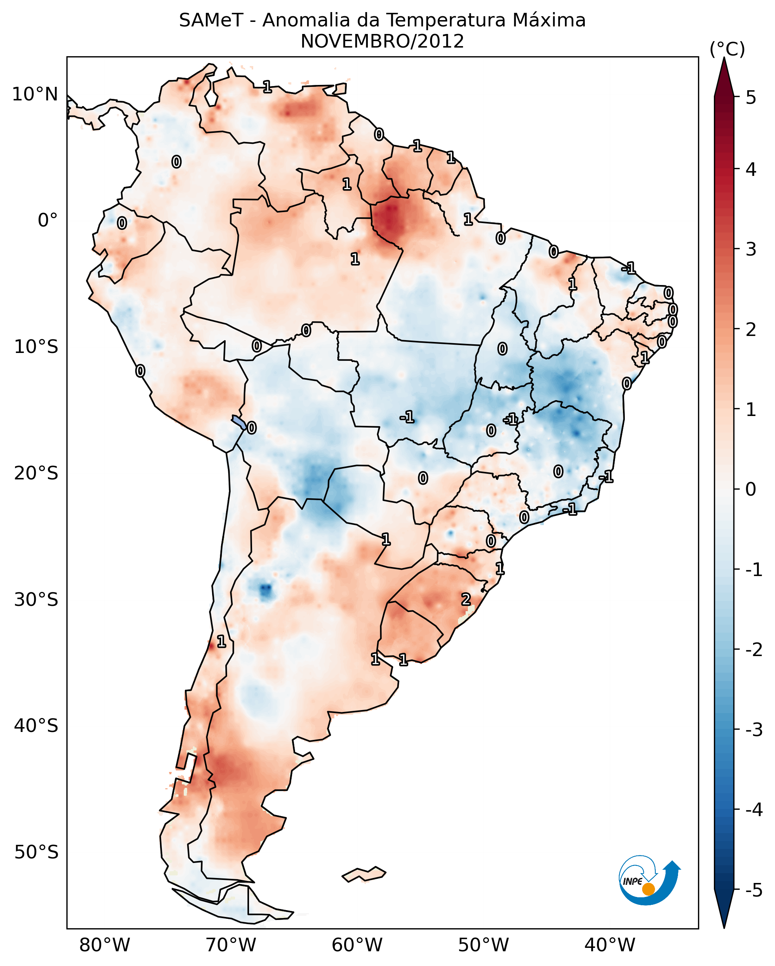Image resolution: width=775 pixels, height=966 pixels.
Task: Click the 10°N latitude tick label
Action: (x=35, y=94)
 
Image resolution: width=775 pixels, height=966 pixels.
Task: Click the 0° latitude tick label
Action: (x=48, y=220)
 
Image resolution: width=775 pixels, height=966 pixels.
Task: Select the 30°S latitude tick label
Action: (x=36, y=599)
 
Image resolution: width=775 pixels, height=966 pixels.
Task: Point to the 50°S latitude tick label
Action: (x=36, y=852)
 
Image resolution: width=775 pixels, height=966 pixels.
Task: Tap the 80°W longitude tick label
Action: (x=104, y=945)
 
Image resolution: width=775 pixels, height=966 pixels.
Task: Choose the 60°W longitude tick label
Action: (x=357, y=945)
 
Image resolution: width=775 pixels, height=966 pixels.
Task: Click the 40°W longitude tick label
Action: (x=609, y=945)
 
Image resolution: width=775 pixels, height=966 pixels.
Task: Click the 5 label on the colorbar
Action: (x=751, y=97)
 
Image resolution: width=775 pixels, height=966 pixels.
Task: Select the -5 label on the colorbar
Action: (x=753, y=890)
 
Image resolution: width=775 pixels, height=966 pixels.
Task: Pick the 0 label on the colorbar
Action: (x=751, y=489)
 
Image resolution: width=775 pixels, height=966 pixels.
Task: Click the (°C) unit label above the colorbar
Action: (x=727, y=49)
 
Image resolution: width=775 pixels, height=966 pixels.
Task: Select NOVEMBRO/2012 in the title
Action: (x=382, y=42)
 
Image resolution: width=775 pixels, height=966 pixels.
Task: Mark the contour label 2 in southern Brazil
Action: (x=466, y=599)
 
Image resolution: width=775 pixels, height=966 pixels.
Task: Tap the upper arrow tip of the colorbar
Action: (x=724, y=60)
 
